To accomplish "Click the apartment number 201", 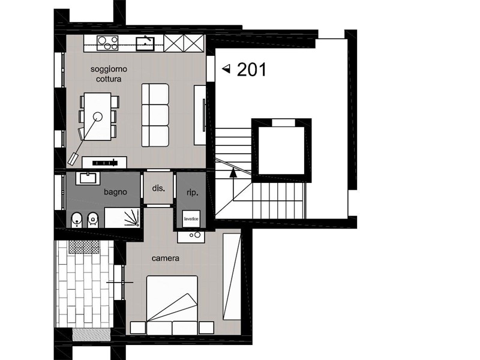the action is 251,70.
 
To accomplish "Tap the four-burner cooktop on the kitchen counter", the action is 107,43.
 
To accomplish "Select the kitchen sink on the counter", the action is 145,43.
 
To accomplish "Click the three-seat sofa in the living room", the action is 155,115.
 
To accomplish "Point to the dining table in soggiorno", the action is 98,116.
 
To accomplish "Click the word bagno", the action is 115,192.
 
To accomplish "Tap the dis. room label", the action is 158,188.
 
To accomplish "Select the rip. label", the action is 193,193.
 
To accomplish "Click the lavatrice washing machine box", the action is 191,218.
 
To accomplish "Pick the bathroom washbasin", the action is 88,178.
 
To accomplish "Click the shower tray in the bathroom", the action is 122,217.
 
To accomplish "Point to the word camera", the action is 166,259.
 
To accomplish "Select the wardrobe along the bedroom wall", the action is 232,277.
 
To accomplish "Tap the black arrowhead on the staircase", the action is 233,173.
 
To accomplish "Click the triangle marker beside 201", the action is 226,69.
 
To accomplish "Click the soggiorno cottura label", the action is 109,74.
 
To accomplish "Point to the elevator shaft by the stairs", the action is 281,151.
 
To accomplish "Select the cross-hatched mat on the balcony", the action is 84,247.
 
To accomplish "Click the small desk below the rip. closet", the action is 191,236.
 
